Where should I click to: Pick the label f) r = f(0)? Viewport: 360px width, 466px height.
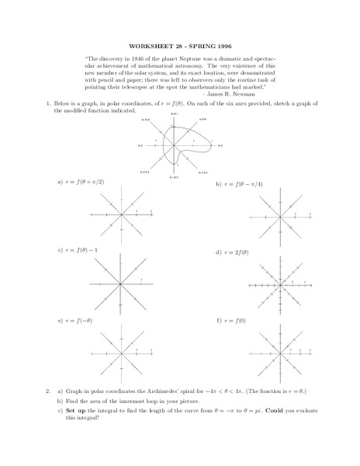click(x=230, y=319)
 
